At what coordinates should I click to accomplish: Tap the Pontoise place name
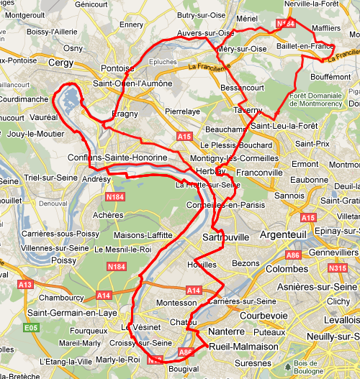click(118, 68)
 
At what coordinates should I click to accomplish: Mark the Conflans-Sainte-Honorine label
click(117, 157)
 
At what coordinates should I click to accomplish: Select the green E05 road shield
click(30, 327)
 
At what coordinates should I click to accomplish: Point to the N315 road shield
click(338, 268)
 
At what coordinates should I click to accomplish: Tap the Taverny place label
click(248, 111)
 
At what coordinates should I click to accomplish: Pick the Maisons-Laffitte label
click(144, 234)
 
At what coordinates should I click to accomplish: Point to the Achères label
click(109, 214)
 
